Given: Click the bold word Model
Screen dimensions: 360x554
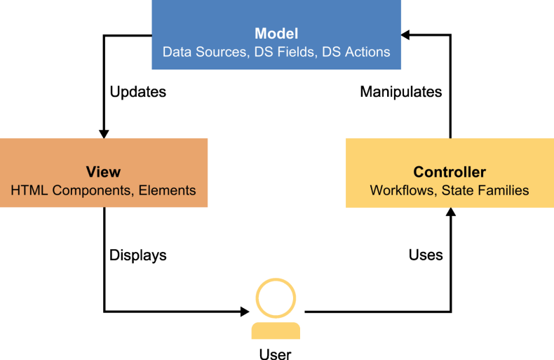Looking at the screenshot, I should [276, 34].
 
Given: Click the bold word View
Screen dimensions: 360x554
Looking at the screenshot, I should [103, 172].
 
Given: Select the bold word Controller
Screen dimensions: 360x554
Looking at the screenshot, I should [450, 172].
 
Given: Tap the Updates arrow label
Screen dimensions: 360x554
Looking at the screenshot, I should [138, 92].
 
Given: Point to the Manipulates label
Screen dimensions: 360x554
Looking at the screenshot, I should [401, 92].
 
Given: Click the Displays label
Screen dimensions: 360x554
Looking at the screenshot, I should [138, 255].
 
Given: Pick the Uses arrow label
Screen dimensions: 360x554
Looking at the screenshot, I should [426, 255].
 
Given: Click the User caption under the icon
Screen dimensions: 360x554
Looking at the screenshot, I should [276, 354].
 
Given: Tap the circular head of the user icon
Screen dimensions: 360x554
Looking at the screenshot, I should [276, 298].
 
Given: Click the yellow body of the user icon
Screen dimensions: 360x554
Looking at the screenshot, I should [276, 330].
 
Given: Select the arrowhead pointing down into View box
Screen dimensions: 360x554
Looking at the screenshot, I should [104, 133].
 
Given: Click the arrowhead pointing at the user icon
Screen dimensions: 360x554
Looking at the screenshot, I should [245, 311].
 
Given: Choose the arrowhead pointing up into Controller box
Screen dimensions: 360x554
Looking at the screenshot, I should [450, 213].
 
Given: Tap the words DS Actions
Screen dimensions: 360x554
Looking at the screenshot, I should [356, 52].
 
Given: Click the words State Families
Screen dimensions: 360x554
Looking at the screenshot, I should [486, 190].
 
